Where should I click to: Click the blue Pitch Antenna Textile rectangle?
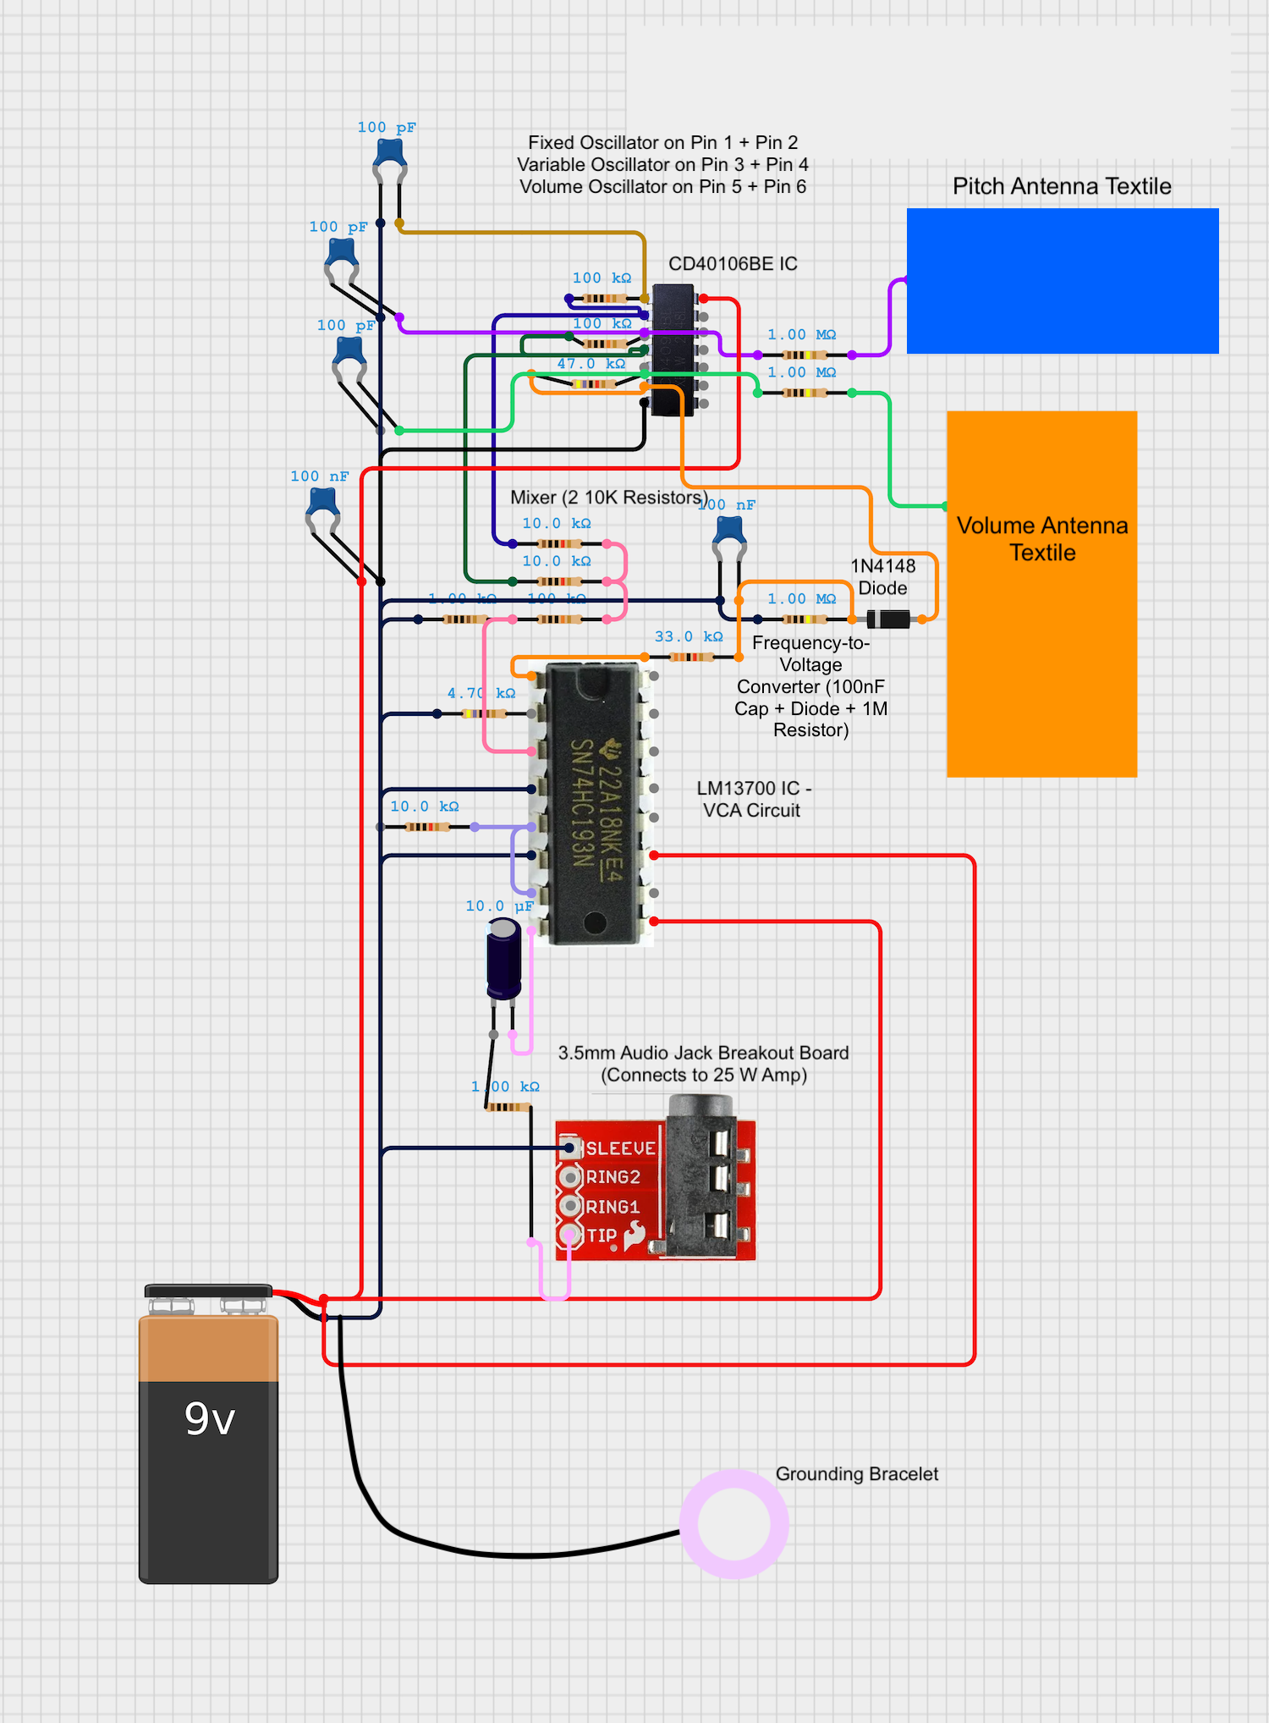point(1062,280)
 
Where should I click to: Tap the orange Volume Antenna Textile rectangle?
point(1041,660)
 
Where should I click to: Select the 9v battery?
point(208,1439)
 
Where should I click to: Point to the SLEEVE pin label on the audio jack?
point(620,1148)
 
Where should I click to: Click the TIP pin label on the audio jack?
point(602,1236)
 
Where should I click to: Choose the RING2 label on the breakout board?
point(613,1177)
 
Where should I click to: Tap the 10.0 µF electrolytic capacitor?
point(504,961)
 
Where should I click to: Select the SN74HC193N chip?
point(594,804)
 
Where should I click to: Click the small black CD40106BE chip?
point(673,350)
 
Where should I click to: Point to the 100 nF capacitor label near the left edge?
point(319,476)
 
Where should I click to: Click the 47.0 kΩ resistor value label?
point(591,364)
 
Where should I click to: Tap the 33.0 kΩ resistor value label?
point(688,636)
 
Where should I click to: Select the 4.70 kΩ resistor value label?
point(481,693)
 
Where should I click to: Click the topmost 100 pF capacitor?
point(390,154)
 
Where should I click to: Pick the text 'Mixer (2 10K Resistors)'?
point(608,498)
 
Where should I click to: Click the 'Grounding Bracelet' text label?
point(856,1474)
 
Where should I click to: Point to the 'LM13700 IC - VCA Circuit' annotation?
point(752,799)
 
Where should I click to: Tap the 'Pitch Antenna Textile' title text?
point(1062,186)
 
